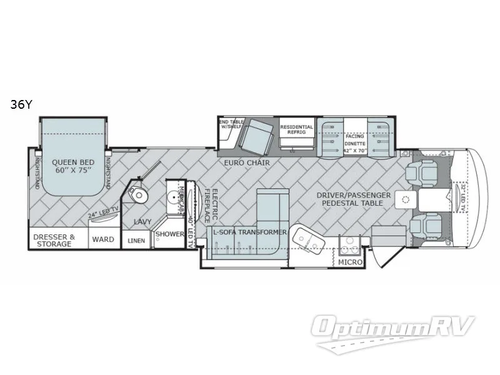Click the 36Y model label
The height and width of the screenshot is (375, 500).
point(20,105)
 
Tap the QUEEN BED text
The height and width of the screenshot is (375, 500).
point(72,164)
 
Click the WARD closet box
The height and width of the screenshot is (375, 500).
point(103,239)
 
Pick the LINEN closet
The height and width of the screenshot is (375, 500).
point(136,240)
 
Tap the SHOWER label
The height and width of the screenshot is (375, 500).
point(170,234)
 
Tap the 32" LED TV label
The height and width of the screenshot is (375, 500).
point(463,199)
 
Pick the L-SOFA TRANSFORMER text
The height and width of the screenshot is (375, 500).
point(249,232)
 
